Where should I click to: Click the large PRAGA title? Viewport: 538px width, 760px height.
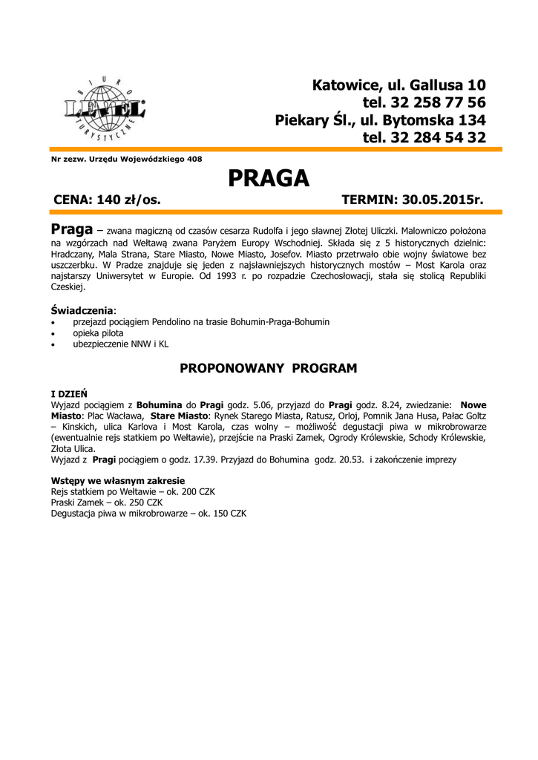click(268, 178)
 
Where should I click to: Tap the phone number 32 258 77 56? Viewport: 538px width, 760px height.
click(424, 102)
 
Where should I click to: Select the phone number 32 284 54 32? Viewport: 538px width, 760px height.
click(424, 137)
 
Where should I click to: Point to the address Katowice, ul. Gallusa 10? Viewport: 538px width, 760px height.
click(398, 84)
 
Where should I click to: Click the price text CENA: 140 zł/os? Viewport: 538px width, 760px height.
click(108, 200)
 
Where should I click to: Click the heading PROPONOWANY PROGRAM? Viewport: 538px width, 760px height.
click(269, 368)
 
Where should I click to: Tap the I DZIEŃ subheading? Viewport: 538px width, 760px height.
click(69, 393)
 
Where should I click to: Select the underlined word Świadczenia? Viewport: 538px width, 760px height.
click(82, 309)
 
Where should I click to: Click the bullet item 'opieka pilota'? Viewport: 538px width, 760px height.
click(99, 333)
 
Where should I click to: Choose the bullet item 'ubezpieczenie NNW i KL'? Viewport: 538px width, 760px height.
click(121, 344)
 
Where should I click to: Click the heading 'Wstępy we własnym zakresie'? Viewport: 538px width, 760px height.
click(117, 481)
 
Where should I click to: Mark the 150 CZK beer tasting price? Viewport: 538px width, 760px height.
click(227, 514)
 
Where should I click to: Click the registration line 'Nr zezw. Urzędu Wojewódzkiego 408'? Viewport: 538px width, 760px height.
click(126, 159)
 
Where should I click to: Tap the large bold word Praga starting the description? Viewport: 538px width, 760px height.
click(71, 227)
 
